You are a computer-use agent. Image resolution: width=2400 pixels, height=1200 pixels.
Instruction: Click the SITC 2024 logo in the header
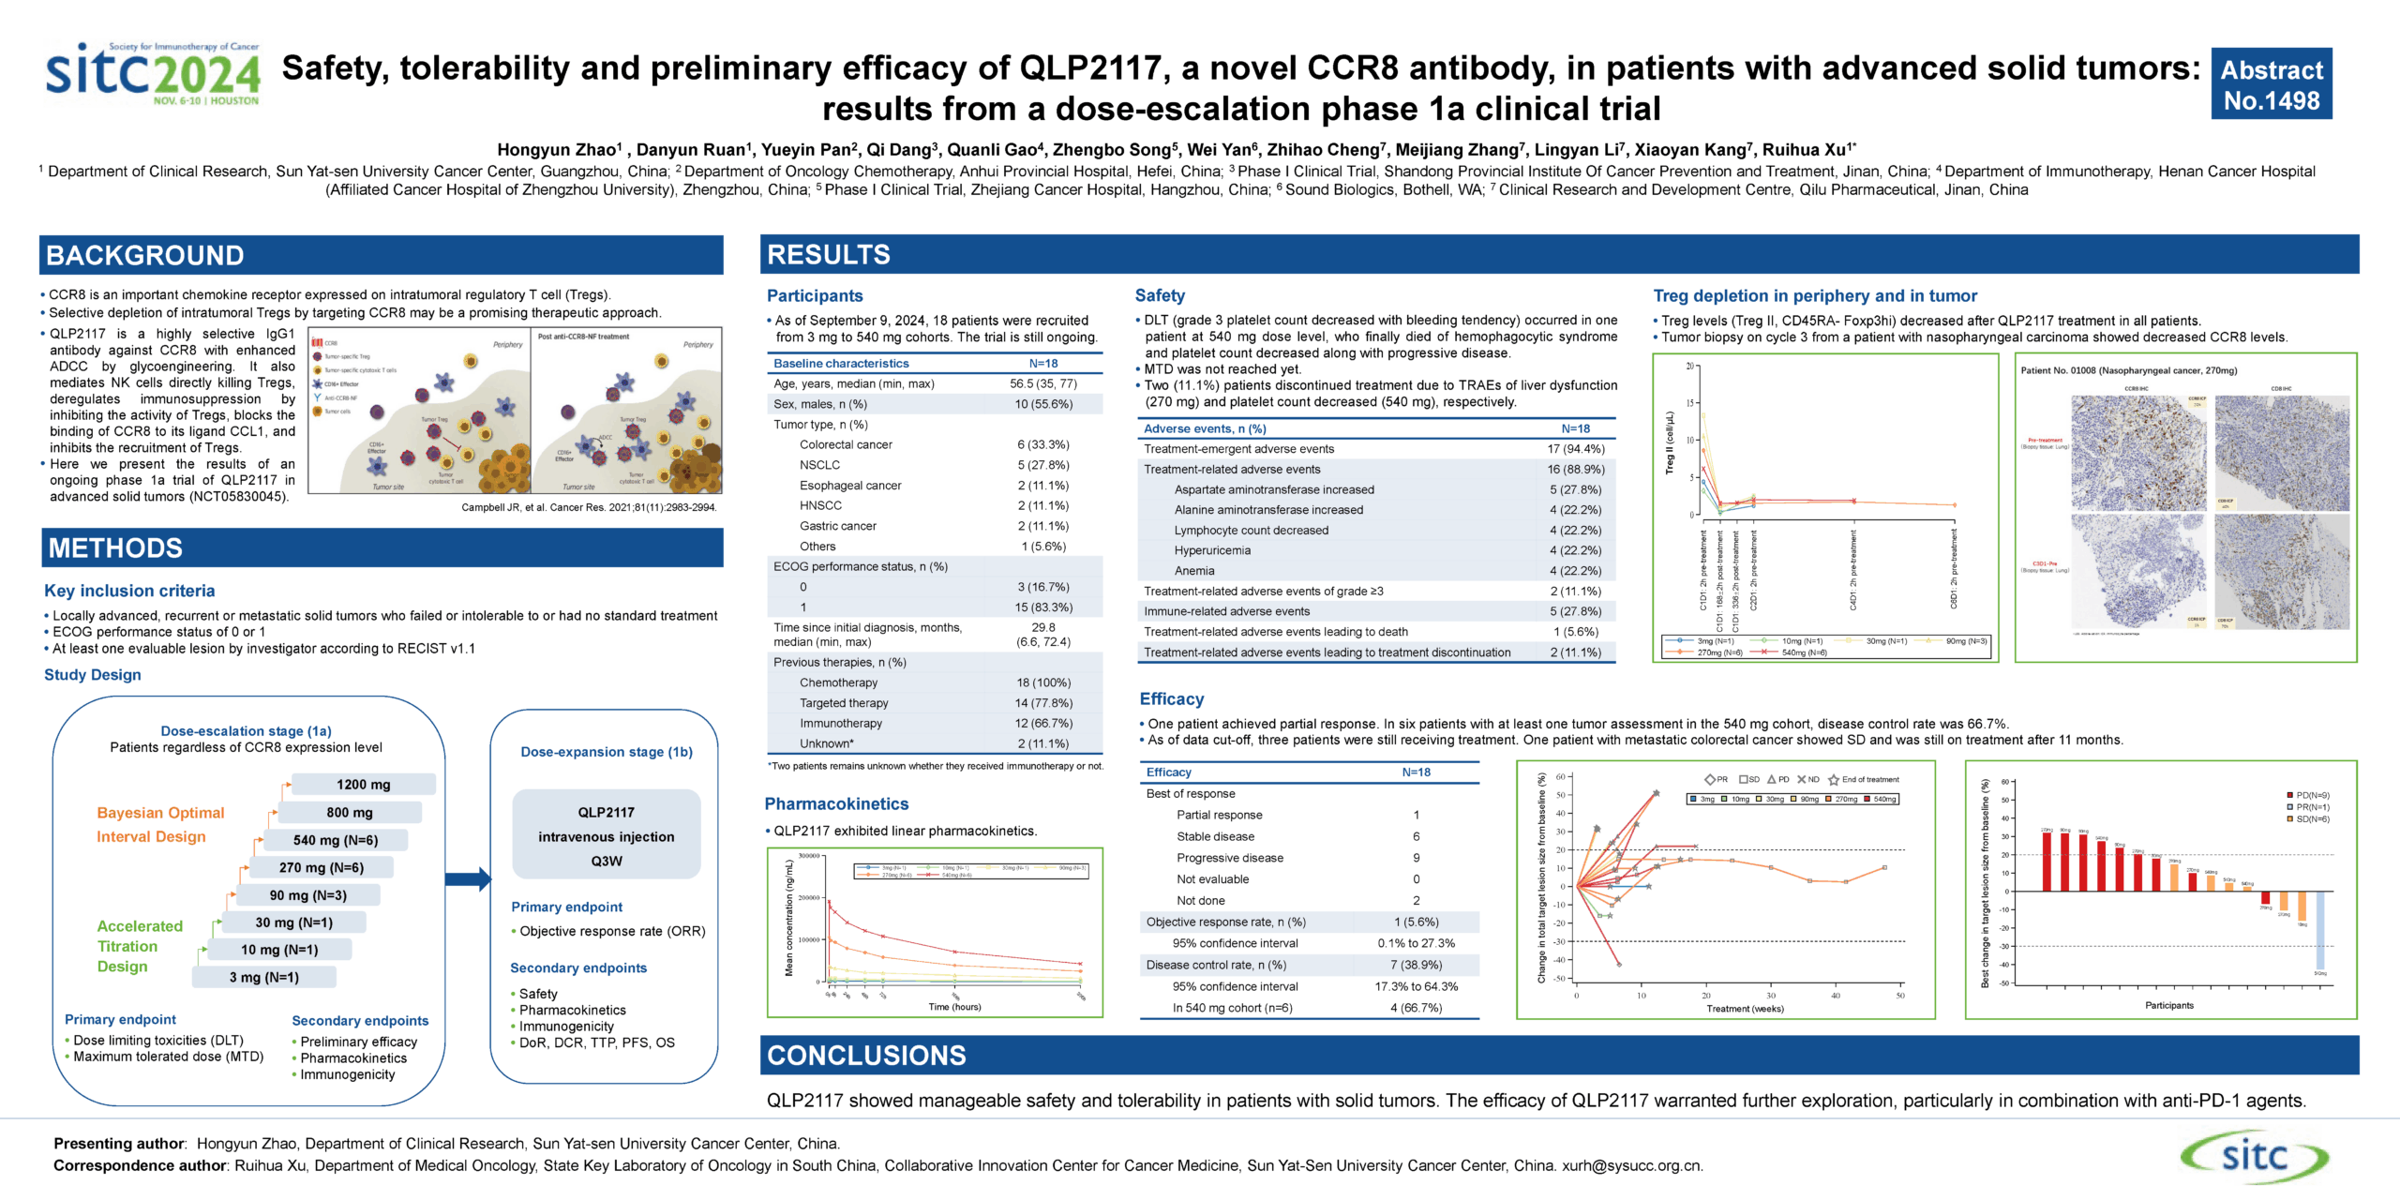coord(153,74)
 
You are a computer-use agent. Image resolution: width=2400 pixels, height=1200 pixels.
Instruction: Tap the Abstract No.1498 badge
coord(2271,84)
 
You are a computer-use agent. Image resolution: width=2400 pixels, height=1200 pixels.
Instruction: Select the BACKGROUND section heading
coord(145,255)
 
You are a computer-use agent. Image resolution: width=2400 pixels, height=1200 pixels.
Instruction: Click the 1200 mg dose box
coord(363,785)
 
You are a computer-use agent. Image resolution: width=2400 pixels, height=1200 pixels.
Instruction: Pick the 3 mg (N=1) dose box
coord(263,977)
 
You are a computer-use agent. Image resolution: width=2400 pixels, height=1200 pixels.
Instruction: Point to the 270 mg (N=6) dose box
coord(321,867)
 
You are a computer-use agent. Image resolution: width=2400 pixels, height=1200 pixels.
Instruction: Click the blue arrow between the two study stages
coord(467,878)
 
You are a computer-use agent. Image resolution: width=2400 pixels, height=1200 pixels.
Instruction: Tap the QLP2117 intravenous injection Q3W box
coord(606,835)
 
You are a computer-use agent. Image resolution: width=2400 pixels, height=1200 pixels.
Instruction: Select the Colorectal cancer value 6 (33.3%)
coord(1042,444)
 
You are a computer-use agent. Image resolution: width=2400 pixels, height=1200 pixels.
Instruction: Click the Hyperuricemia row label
coord(1212,550)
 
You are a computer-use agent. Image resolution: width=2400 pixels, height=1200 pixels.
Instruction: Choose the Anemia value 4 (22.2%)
coord(1575,571)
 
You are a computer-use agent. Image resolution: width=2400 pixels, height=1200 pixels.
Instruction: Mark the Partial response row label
coord(1219,815)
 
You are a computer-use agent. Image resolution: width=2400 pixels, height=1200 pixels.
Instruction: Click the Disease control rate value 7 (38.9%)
coord(1416,965)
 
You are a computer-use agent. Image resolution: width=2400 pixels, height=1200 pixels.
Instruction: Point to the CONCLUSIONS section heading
coord(866,1056)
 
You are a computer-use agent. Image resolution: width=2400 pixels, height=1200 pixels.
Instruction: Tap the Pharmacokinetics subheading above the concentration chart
coord(836,803)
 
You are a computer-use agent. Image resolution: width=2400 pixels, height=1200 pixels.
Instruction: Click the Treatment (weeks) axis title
coord(1745,1009)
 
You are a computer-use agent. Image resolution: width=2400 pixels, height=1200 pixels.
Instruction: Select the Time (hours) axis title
coord(954,1007)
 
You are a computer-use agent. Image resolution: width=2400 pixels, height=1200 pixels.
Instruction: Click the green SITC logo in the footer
coord(2253,1156)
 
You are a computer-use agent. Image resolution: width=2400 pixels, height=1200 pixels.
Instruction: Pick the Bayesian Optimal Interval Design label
coord(160,824)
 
